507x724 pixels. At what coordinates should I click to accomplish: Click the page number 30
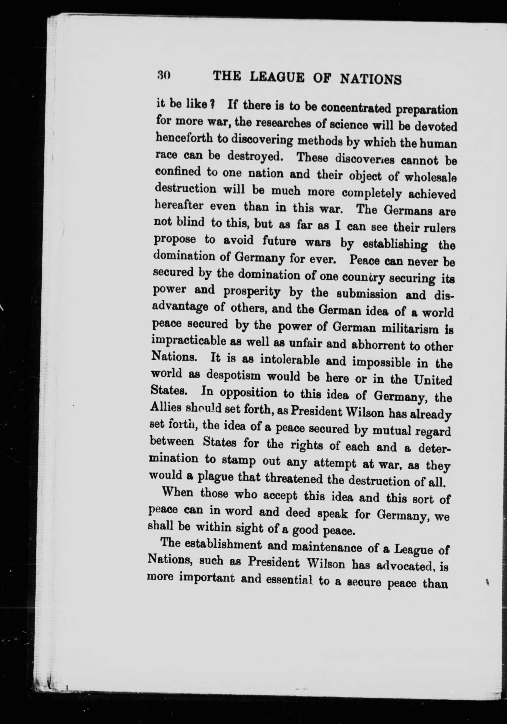(x=163, y=75)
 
